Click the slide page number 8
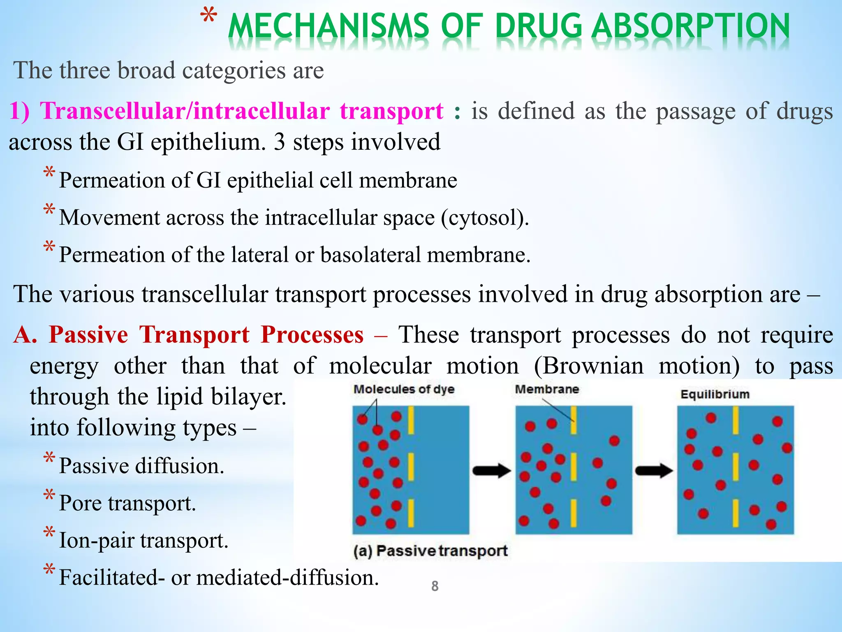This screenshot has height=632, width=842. tap(435, 586)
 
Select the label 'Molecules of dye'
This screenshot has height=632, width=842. tap(404, 389)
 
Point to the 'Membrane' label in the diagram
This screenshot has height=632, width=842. tap(547, 389)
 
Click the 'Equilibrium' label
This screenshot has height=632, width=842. tap(715, 394)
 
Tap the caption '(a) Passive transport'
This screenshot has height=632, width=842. tap(430, 551)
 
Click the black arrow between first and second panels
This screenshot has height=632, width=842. tap(492, 470)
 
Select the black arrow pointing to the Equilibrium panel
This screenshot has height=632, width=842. tap(655, 470)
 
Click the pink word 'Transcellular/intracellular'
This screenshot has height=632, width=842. tap(184, 111)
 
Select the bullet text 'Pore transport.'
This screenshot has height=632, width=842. tap(127, 503)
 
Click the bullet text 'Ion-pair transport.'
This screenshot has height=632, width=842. tap(143, 540)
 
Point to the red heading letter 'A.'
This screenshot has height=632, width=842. tap(25, 334)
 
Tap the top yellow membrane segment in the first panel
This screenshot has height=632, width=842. tap(410, 420)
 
